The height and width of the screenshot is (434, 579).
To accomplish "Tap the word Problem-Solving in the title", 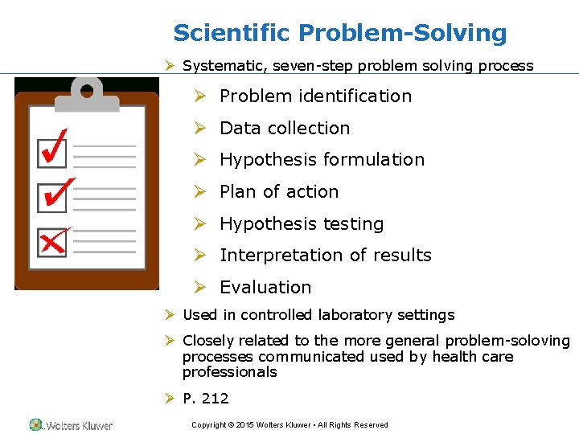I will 403,34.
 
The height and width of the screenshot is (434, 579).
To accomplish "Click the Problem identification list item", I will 315,96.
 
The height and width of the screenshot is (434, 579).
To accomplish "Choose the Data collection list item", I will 285,129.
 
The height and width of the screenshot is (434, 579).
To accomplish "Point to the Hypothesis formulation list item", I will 322,160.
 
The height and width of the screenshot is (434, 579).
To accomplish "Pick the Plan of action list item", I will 279,192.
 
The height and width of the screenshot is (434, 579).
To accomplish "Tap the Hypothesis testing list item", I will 302,224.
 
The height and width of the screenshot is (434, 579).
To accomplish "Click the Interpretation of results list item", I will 326,256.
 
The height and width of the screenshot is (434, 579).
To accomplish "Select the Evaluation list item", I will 265,288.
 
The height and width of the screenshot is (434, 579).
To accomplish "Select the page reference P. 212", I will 206,399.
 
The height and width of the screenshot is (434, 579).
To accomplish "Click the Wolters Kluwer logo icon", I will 36,424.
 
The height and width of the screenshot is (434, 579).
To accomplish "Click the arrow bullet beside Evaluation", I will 201,287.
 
